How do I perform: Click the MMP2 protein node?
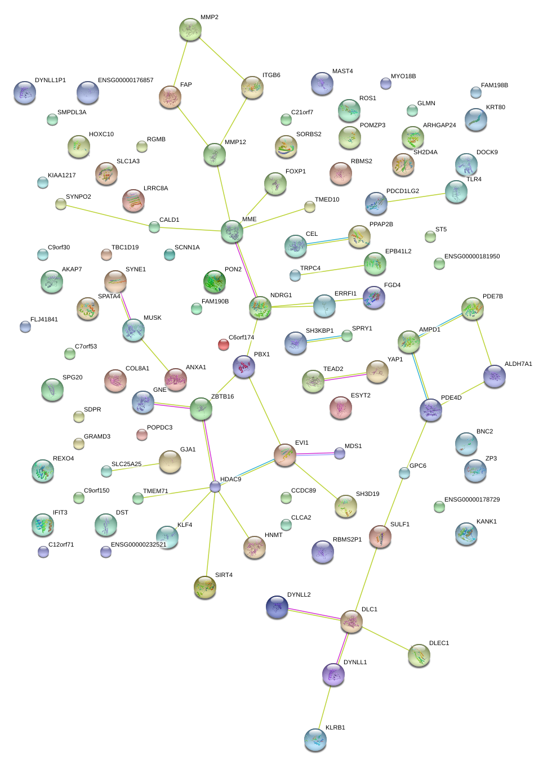coord(190,29)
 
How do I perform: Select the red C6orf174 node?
coord(224,345)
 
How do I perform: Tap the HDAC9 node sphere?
coord(215,486)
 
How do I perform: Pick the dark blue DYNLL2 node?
coord(277,606)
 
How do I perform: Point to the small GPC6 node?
coord(404,473)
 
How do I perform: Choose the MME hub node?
coord(232,231)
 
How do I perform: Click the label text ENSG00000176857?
coord(126,80)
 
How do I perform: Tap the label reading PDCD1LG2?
coord(402,191)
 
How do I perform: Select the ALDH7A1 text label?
coord(518,364)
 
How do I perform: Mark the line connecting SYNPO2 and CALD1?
coord(107,216)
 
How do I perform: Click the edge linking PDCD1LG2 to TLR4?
coord(416,198)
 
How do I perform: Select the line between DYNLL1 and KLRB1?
coord(324,706)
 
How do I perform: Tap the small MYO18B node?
coord(386,83)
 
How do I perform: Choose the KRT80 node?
coord(475,119)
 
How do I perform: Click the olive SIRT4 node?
coord(205,587)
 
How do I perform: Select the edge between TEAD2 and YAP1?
coord(345,377)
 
